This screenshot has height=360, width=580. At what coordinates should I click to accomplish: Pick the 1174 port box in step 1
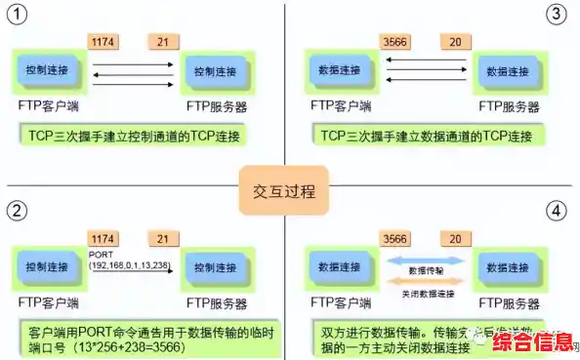(x=103, y=43)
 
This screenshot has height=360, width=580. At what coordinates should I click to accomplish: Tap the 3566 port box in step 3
(x=395, y=43)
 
